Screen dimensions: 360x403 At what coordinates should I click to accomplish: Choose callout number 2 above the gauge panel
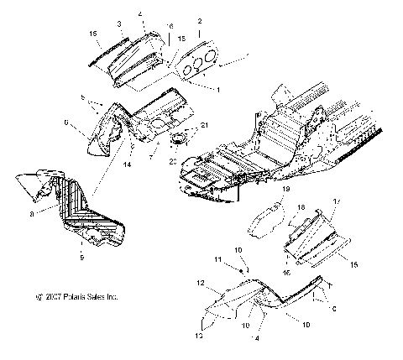[199, 20]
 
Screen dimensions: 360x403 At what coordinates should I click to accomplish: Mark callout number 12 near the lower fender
[201, 283]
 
